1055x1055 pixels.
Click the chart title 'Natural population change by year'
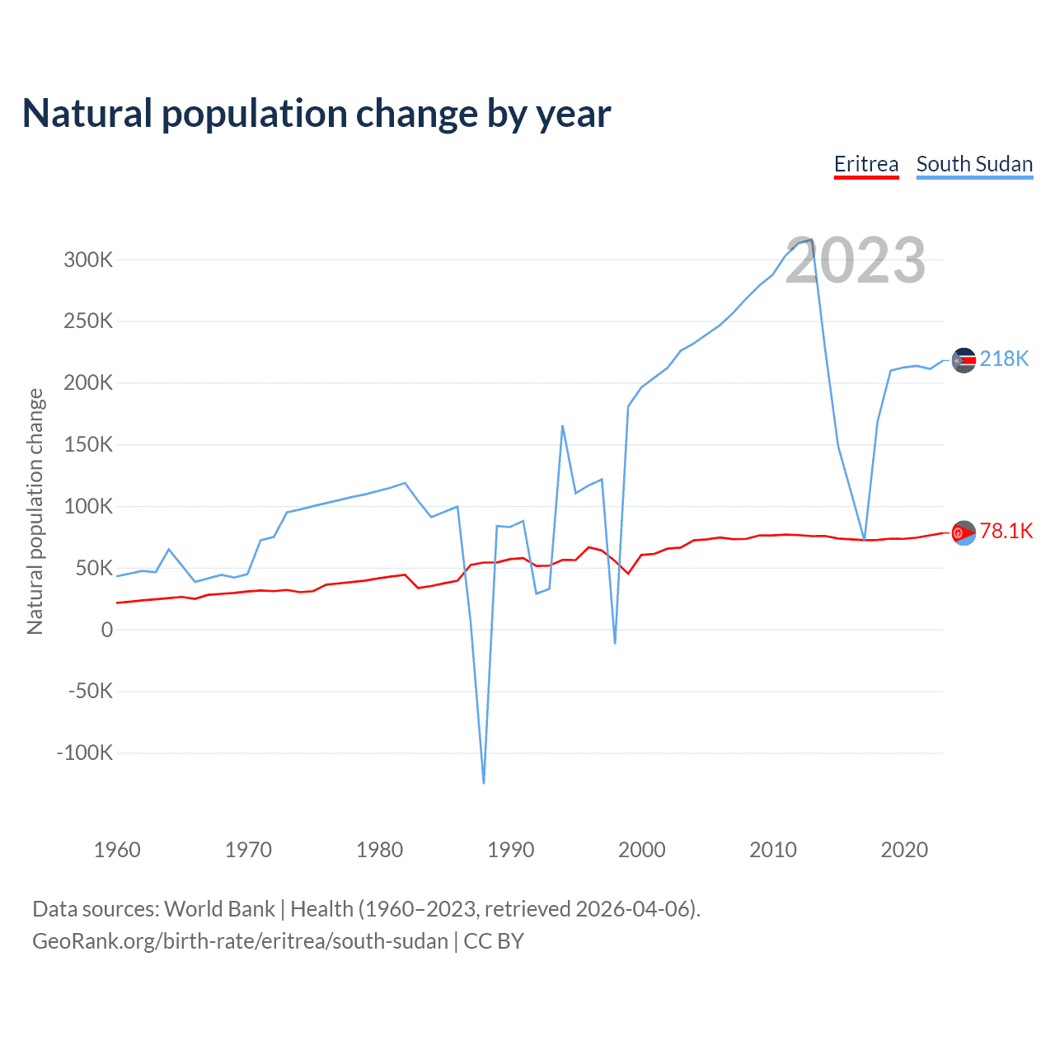click(x=316, y=114)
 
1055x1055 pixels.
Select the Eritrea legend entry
click(x=865, y=164)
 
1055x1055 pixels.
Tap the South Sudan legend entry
click(x=974, y=164)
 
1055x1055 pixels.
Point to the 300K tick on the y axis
click(x=88, y=260)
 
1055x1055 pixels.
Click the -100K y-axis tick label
click(x=84, y=753)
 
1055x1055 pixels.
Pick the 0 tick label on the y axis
click(x=107, y=630)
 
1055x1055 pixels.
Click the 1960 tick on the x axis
click(x=117, y=850)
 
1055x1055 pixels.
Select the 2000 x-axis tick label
click(x=641, y=850)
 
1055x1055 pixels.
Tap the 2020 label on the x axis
click(x=904, y=850)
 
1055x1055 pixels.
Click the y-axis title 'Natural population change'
click(x=35, y=511)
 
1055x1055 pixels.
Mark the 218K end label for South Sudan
click(x=1004, y=359)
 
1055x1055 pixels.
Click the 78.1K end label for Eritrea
click(x=1006, y=531)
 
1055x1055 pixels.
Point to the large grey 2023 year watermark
click(x=856, y=260)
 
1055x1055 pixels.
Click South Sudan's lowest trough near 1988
click(x=484, y=782)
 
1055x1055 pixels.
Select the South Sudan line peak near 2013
click(x=812, y=240)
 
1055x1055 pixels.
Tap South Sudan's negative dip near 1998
click(x=615, y=643)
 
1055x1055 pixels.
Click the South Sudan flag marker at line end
click(x=964, y=360)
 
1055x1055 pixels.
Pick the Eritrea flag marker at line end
click(x=964, y=533)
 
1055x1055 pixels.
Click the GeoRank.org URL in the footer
click(x=240, y=940)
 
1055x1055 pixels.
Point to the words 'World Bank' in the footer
click(x=219, y=909)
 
